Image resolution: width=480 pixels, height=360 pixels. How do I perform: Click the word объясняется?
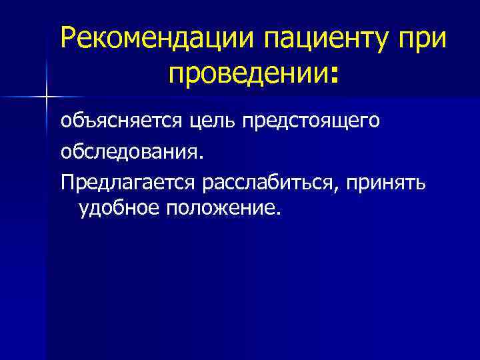point(118,121)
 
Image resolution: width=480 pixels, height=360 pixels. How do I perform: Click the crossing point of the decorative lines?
point(46,97)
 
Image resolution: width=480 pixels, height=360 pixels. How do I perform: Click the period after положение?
point(279,214)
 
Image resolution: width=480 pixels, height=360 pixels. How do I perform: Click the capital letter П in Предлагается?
point(67,181)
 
